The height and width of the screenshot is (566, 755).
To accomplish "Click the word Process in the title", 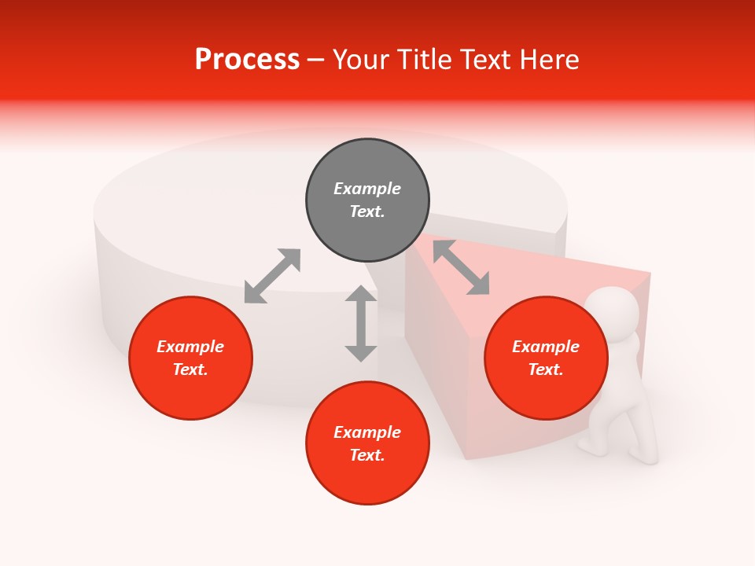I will tap(247, 60).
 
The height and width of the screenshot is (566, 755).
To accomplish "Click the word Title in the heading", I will tap(422, 60).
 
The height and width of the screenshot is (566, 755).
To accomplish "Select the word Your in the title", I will tap(361, 60).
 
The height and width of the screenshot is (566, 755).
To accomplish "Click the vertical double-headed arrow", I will tap(361, 323).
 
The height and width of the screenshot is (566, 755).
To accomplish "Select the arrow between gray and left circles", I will tap(272, 276).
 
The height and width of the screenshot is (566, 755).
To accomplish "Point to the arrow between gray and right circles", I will tap(461, 267).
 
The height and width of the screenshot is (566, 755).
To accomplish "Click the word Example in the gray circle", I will tap(367, 189).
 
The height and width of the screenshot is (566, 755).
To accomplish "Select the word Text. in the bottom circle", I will tap(367, 455).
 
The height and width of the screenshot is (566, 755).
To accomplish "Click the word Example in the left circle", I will tap(190, 347).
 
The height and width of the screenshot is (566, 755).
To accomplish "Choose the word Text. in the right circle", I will tap(546, 369).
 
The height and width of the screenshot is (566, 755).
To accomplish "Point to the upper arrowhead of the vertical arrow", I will tap(361, 295).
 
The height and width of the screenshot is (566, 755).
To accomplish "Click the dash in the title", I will tap(315, 61).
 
